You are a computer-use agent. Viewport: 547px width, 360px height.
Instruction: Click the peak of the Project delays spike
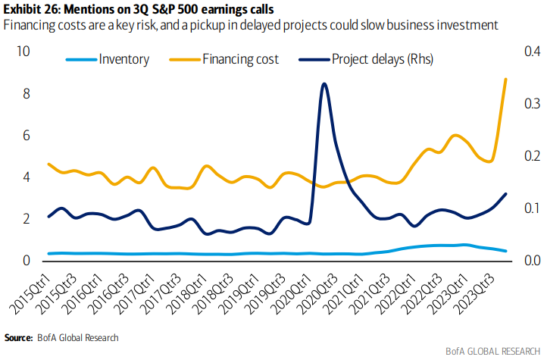click(x=324, y=83)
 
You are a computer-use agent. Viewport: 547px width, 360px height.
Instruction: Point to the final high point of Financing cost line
click(x=505, y=79)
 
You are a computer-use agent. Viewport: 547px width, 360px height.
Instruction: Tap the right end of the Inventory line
click(x=505, y=251)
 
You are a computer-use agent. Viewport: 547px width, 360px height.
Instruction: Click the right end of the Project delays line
click(x=505, y=194)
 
